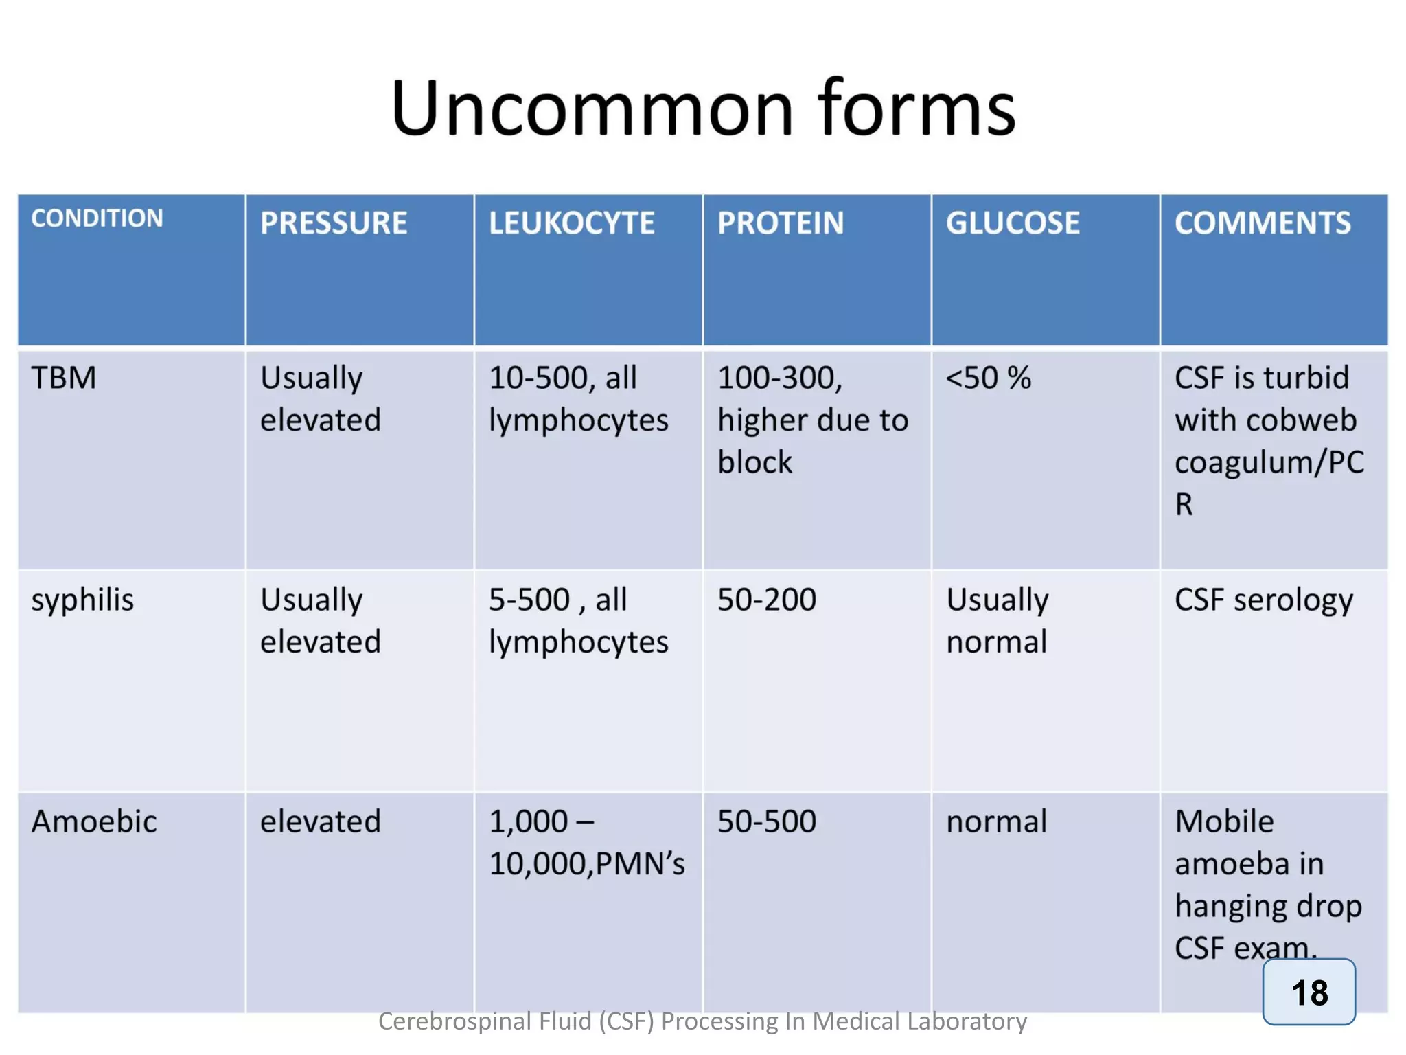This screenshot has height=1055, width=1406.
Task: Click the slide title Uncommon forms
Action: [703, 109]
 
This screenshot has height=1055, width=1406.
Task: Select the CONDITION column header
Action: [97, 218]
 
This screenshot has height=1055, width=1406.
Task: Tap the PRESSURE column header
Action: [334, 223]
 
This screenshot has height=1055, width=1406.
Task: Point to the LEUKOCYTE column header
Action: [571, 223]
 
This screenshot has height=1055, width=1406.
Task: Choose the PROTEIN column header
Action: [781, 223]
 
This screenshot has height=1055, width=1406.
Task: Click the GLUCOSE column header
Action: [1013, 223]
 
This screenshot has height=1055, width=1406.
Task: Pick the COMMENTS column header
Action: [1263, 223]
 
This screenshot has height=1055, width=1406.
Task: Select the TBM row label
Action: [64, 378]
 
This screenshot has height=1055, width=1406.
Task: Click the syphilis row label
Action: [82, 600]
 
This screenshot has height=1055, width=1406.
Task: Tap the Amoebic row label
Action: [94, 821]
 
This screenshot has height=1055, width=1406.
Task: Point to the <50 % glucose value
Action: [989, 378]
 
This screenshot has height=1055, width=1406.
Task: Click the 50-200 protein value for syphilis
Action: [767, 600]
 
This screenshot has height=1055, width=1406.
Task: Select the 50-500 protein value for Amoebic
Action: [767, 821]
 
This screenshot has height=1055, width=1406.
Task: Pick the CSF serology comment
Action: [1264, 600]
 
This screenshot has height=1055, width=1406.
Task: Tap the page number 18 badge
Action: [1309, 992]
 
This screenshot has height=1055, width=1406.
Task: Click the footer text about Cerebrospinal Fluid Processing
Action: [702, 1021]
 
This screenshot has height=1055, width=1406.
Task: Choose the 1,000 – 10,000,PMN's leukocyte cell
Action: [586, 842]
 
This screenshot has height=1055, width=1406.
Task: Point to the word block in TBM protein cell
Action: [754, 462]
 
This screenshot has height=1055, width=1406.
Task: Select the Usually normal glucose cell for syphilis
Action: [998, 620]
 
